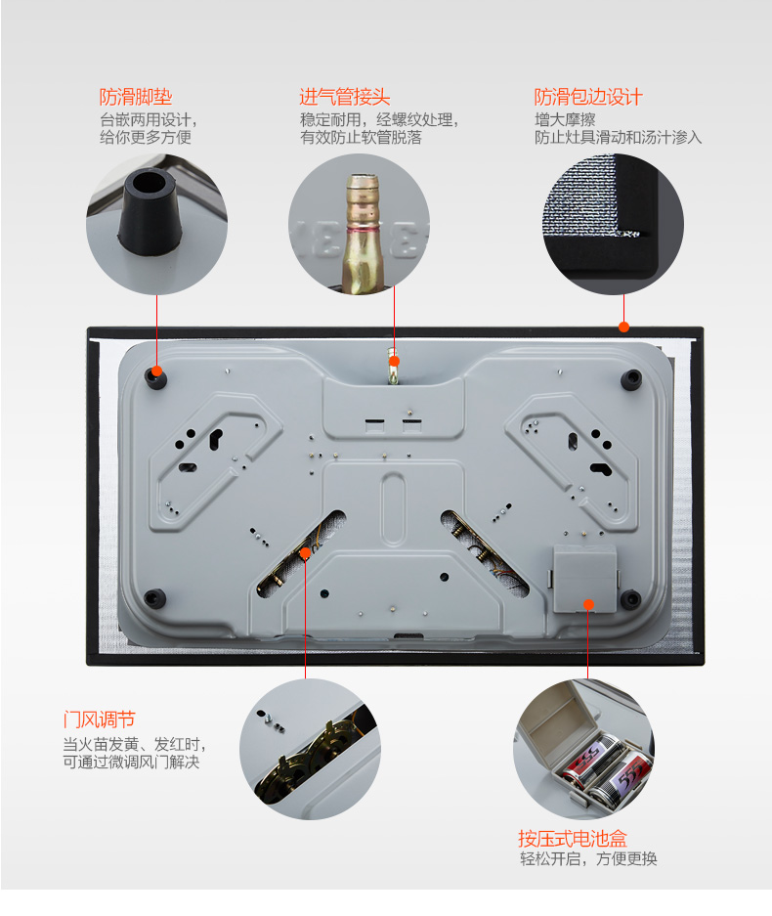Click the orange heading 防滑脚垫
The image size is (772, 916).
pos(136,97)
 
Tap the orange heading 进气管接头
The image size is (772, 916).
pos(345,97)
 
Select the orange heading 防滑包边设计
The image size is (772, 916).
pos(588,97)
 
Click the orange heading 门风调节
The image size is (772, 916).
pos(100,720)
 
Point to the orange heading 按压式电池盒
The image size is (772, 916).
pos(573,839)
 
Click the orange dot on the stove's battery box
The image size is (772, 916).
pos(588,604)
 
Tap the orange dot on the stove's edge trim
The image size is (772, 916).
pos(623,327)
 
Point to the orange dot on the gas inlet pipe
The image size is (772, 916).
pos(394,361)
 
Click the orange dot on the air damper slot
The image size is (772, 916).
pos(305,552)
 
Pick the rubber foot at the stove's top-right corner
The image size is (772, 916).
pos(630,379)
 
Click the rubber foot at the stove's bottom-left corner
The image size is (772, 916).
pos(154,598)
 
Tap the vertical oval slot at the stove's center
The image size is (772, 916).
pos(393,508)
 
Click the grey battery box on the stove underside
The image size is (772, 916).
pos(584,579)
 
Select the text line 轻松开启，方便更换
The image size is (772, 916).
pos(588,858)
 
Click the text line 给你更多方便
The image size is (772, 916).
pos(146,137)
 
